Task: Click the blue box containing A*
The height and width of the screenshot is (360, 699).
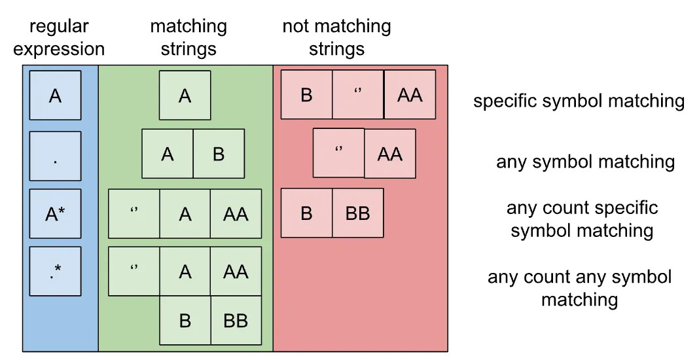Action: point(55,213)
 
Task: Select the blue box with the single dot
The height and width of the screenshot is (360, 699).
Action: point(55,156)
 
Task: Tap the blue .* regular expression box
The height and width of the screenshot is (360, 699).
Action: point(55,271)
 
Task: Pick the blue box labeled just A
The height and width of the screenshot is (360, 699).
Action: point(55,96)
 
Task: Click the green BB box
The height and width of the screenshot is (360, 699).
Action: point(236,321)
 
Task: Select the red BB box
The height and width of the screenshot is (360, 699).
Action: point(357,213)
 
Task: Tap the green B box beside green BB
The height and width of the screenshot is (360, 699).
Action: point(185,321)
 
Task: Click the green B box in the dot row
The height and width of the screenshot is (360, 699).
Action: point(219,154)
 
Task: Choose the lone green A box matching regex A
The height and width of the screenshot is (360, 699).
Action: point(185,96)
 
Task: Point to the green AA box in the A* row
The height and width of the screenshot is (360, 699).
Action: point(236,213)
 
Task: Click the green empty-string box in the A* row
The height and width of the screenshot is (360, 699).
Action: point(134,213)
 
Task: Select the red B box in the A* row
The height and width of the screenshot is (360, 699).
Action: point(306,213)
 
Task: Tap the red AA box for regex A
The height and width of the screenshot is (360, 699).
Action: point(410,95)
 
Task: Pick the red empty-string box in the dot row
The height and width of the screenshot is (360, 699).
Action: point(338,153)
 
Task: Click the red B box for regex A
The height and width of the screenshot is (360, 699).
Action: point(306,95)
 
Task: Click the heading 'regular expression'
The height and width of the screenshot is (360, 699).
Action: point(59,38)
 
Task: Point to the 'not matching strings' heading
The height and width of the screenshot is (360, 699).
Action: point(336,38)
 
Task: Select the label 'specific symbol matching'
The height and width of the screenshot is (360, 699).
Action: point(579,101)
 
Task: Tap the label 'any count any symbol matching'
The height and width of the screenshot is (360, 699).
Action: point(579,288)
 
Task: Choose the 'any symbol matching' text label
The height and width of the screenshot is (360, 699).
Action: point(585,162)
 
